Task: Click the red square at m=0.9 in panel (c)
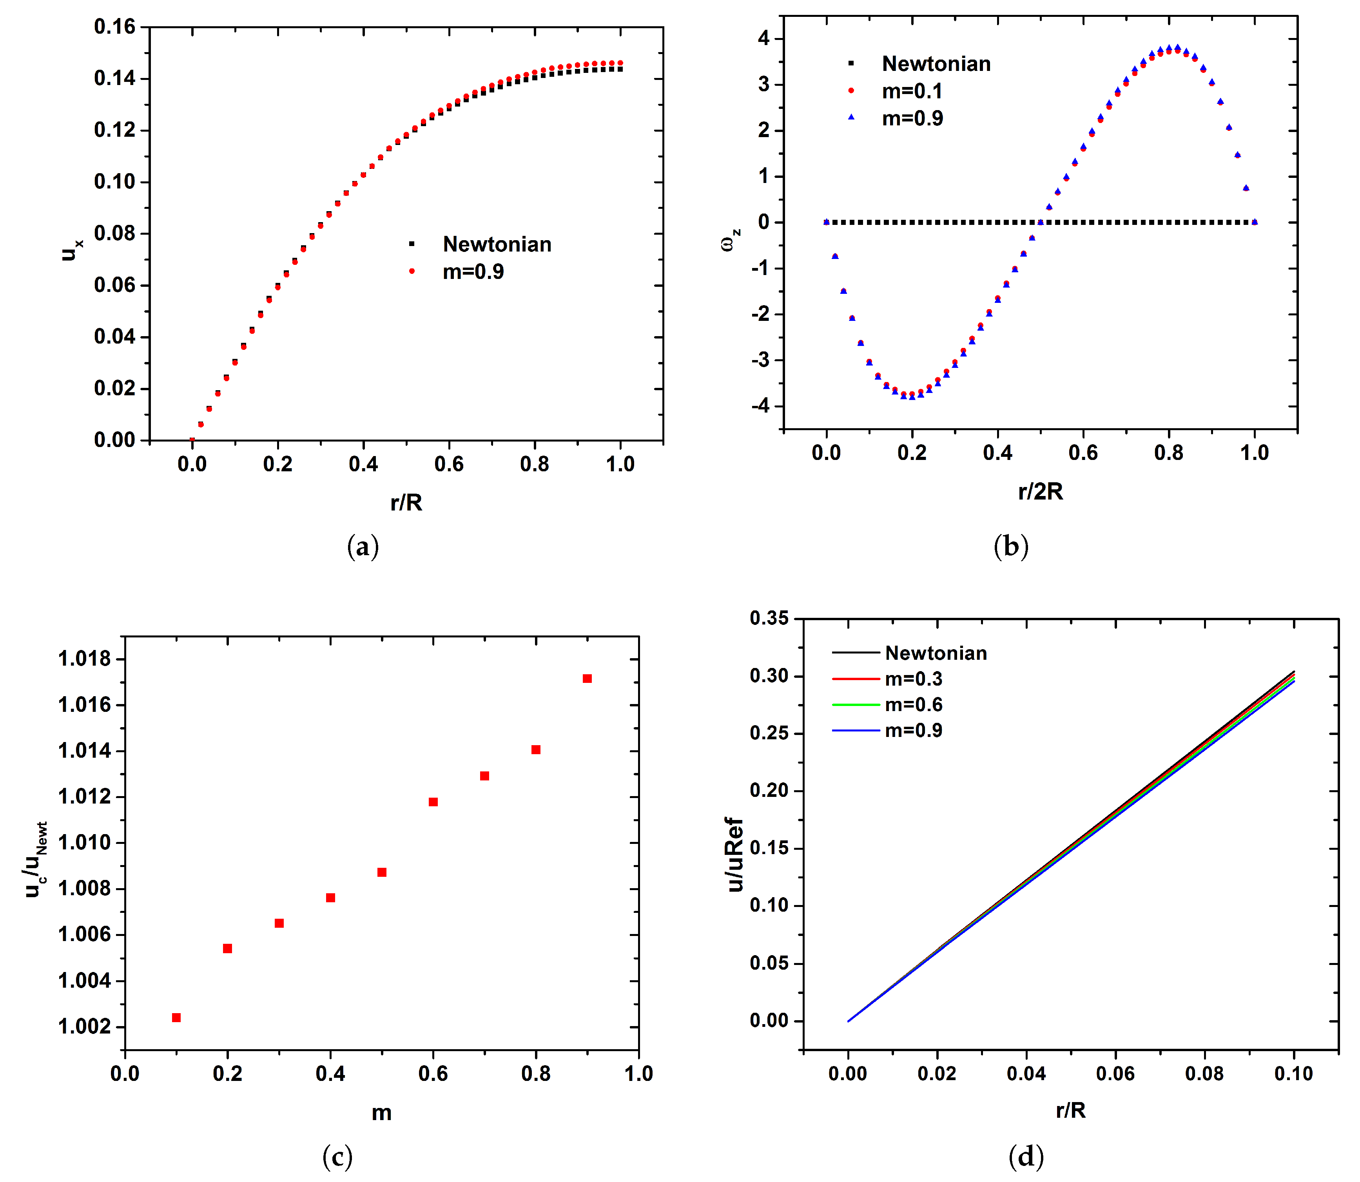(587, 679)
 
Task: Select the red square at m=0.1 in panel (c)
(176, 1018)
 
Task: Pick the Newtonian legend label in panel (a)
(497, 245)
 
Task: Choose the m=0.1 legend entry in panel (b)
(912, 91)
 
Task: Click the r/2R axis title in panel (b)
(1041, 491)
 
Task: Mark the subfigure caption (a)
(363, 547)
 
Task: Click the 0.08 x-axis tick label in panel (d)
(1204, 1073)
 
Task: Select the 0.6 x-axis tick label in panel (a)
(449, 464)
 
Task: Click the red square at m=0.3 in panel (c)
(279, 923)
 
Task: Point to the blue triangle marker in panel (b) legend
(851, 118)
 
